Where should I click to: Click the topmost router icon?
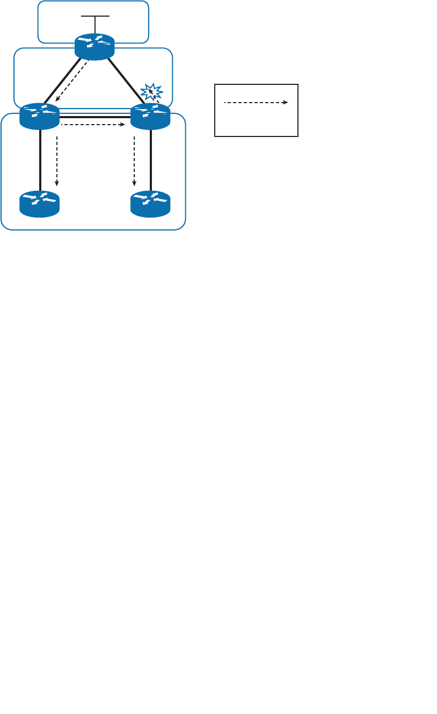tap(94, 47)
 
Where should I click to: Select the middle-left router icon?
tap(39, 116)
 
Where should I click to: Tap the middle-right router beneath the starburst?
tap(150, 116)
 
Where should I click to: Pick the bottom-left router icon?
tap(39, 204)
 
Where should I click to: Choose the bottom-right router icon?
tap(150, 204)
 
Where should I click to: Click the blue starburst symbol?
tap(151, 91)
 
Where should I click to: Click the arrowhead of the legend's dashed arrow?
tap(286, 102)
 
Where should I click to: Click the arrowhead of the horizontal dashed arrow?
tap(123, 125)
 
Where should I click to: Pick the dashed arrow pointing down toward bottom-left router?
tap(57, 161)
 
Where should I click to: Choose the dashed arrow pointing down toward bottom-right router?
tap(134, 161)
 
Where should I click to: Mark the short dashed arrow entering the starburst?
tap(156, 97)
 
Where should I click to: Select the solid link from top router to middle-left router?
tap(62, 81)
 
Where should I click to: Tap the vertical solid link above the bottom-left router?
tap(40, 160)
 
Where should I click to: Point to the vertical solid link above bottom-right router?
tap(151, 160)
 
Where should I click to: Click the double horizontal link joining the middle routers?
tap(94, 116)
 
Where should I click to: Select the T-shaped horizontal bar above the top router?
tap(95, 17)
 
